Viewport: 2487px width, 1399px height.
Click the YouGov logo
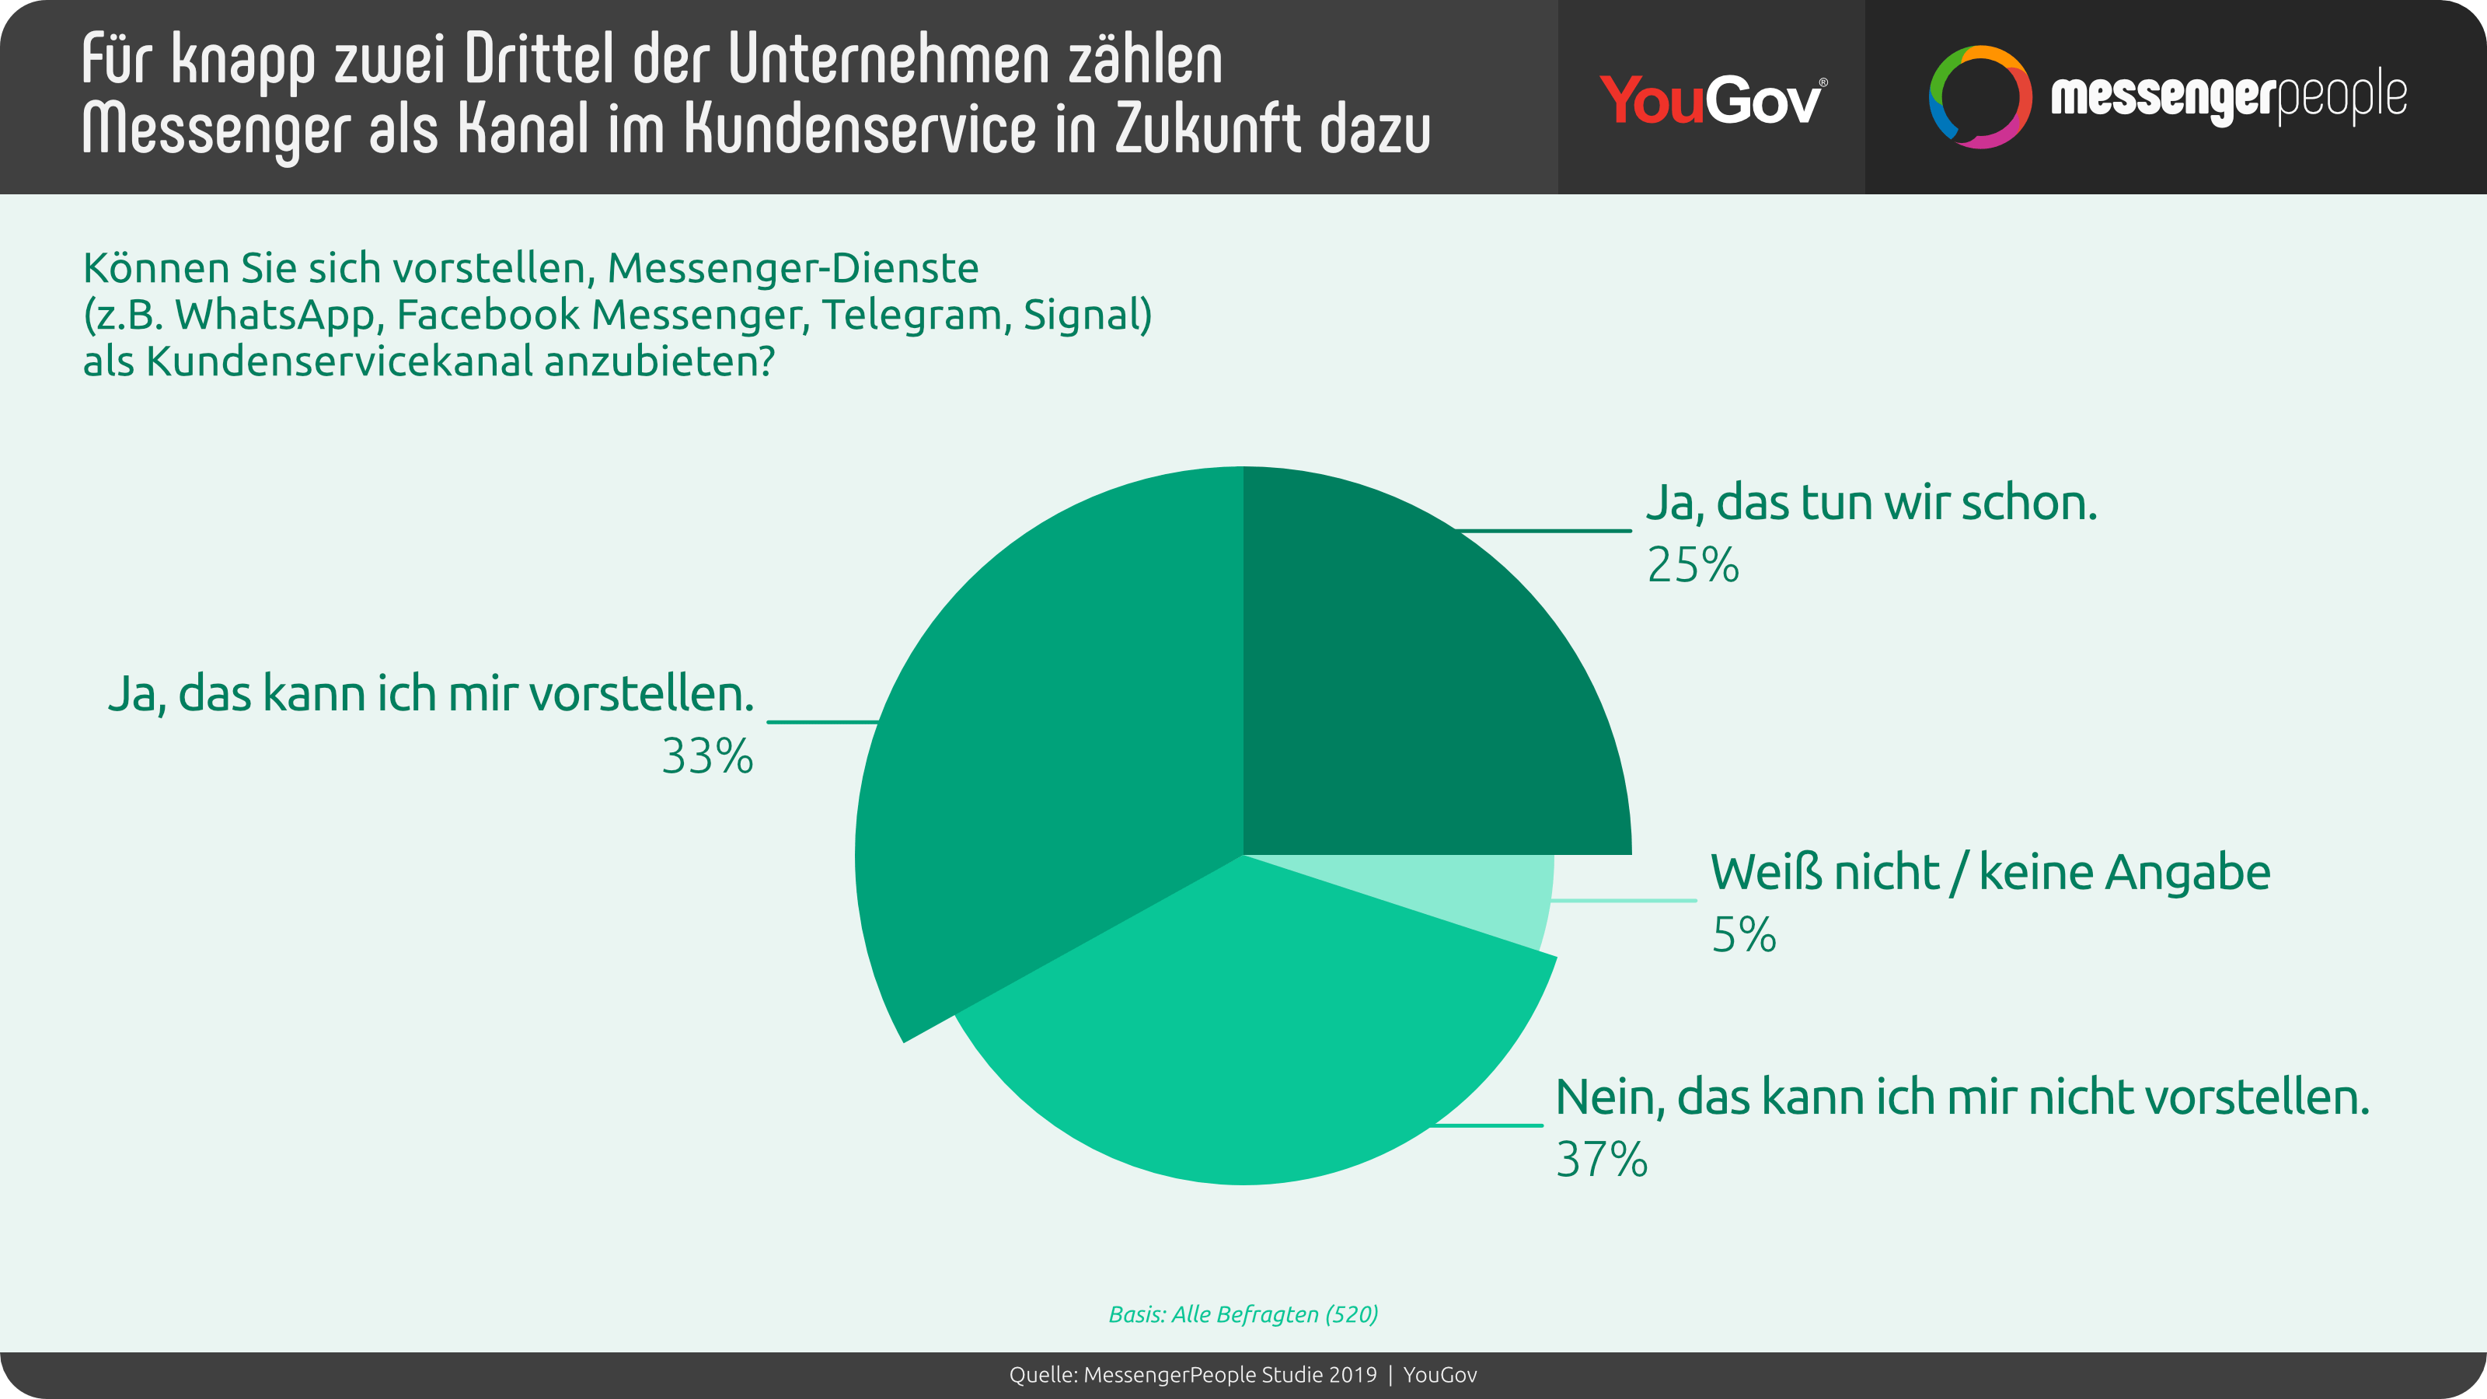tap(1711, 99)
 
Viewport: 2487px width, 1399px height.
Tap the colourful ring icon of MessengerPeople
tap(1979, 96)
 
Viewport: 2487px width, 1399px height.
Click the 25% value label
tap(1693, 566)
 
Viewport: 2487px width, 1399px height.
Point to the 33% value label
tap(706, 757)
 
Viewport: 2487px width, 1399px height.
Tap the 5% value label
tap(1743, 934)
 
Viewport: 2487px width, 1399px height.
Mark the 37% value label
tap(1601, 1160)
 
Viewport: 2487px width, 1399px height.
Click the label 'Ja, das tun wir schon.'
tap(1871, 504)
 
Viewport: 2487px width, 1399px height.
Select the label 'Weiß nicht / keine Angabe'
tap(1990, 873)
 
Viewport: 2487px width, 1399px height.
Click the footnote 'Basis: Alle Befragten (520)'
tap(1243, 1314)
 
